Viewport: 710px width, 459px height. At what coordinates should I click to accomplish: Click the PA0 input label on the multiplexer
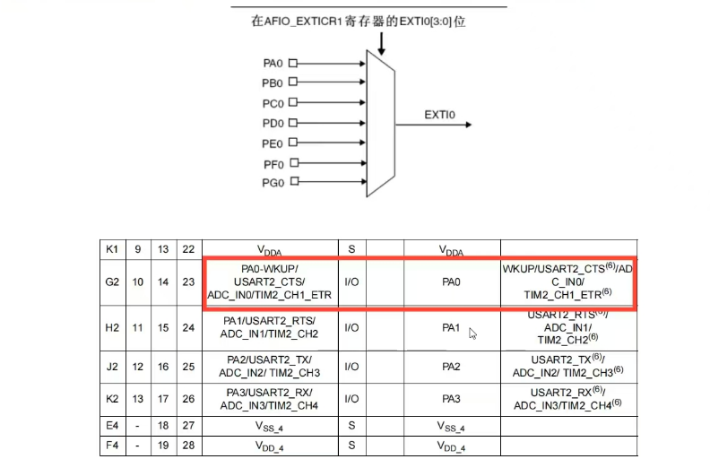(273, 63)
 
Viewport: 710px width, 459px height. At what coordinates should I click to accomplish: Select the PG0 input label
(273, 183)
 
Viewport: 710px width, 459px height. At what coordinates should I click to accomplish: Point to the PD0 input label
(273, 123)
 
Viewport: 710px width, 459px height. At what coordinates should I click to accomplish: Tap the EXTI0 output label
(439, 115)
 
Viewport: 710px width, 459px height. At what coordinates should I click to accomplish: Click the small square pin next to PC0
(293, 103)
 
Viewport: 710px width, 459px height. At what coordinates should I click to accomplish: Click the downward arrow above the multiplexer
(382, 42)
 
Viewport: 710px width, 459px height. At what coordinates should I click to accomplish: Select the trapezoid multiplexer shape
(382, 123)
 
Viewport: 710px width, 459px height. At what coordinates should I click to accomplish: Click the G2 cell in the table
(112, 281)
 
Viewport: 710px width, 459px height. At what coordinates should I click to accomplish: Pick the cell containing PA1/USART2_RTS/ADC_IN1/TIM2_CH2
(270, 327)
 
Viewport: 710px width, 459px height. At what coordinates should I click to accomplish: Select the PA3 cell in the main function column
(451, 398)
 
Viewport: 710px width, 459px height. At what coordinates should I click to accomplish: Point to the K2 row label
(112, 398)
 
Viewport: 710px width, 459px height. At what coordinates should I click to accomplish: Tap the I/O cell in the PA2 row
(351, 367)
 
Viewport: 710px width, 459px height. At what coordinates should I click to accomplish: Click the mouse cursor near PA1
(472, 333)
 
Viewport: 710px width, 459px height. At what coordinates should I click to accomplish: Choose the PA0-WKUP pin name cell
(270, 281)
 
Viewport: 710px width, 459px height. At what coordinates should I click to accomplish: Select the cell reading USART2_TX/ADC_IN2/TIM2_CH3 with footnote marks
(567, 367)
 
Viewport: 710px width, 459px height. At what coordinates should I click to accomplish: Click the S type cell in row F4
(351, 446)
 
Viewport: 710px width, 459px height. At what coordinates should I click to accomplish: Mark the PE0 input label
(273, 143)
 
